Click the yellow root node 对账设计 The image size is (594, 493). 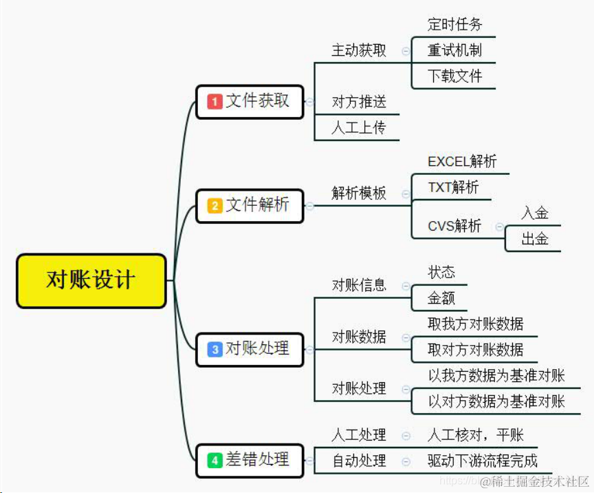point(91,280)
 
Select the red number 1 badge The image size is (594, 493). point(215,101)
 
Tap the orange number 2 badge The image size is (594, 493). point(215,205)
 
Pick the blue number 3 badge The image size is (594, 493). point(215,349)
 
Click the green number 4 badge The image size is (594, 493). point(215,459)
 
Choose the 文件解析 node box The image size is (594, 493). point(250,205)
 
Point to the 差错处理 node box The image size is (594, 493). point(250,459)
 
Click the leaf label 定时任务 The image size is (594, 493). point(454,25)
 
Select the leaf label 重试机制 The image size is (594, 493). point(454,50)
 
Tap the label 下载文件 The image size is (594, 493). point(454,76)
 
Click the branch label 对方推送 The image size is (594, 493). point(359,102)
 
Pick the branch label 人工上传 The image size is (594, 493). point(359,127)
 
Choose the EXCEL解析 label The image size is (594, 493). point(462,162)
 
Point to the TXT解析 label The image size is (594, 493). point(453,187)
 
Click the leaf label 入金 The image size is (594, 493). point(535,213)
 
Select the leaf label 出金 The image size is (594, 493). point(535,240)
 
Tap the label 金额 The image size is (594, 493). point(441,299)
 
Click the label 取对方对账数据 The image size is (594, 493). point(475,350)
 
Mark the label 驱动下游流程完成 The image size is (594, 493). point(482,461)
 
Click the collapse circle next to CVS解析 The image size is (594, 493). point(498,227)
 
